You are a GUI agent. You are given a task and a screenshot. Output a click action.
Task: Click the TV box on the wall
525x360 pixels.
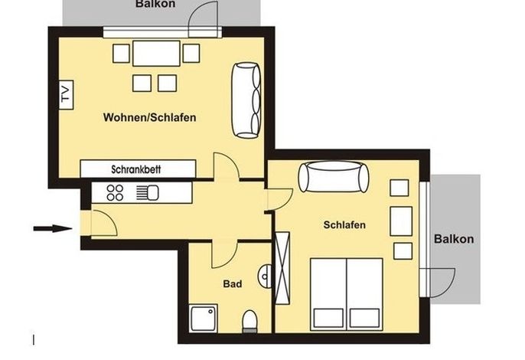coord(67,95)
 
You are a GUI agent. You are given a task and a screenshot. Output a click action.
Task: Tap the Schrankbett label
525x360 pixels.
coord(136,169)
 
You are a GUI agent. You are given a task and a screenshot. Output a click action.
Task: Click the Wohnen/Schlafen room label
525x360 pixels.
coord(150,117)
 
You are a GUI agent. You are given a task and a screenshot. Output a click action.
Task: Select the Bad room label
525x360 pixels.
coord(233,284)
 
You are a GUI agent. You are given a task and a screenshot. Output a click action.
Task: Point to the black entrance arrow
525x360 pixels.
coord(53,228)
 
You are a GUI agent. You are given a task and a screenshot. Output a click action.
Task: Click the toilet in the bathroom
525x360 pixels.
coord(249,321)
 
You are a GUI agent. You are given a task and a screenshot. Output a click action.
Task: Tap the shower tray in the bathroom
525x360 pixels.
coord(204,319)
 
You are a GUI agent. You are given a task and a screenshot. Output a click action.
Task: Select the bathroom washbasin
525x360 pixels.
coord(265,277)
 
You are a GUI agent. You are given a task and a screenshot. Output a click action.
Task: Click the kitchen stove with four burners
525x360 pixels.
coord(115,193)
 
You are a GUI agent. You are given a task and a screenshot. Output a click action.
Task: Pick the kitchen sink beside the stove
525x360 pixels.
coord(148,193)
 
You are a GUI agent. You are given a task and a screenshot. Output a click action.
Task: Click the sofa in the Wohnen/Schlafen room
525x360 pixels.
coord(246,100)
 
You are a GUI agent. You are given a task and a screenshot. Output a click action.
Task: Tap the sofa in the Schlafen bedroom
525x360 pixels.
coord(334,177)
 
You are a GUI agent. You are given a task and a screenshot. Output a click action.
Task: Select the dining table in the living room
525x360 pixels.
coord(156,54)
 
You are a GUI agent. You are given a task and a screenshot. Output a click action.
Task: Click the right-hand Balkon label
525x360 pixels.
coord(454,239)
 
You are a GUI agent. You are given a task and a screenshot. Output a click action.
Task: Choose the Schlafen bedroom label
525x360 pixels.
coord(344,224)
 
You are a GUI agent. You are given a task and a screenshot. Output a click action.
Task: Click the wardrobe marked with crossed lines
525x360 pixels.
coord(282,268)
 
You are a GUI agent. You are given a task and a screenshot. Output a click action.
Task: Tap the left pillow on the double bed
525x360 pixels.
coord(328,318)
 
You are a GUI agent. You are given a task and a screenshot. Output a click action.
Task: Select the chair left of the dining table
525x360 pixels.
coord(121,54)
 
